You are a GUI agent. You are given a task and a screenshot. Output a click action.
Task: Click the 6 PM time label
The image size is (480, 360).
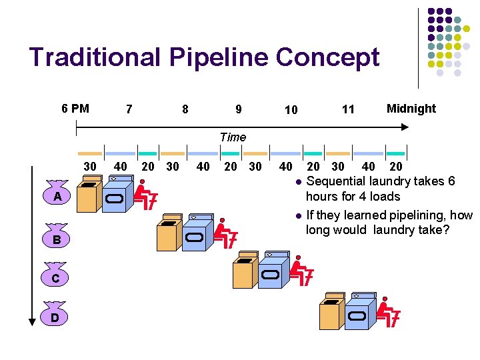point(75,108)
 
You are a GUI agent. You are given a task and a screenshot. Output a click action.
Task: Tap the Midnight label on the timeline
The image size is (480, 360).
point(411,108)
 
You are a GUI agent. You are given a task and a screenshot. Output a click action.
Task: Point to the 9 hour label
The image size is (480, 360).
point(238,109)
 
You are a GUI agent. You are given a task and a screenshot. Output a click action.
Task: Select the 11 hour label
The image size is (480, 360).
point(348,109)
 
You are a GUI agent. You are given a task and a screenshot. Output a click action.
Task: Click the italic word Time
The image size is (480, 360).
point(233,137)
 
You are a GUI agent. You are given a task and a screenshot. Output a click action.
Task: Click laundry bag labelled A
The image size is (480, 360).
point(58,195)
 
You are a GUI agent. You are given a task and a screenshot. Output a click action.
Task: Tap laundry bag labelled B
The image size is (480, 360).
point(57,238)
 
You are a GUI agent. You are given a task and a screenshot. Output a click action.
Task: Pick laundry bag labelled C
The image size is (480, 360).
point(57,277)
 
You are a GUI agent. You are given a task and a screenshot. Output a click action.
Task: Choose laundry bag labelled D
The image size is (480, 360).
point(57,317)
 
